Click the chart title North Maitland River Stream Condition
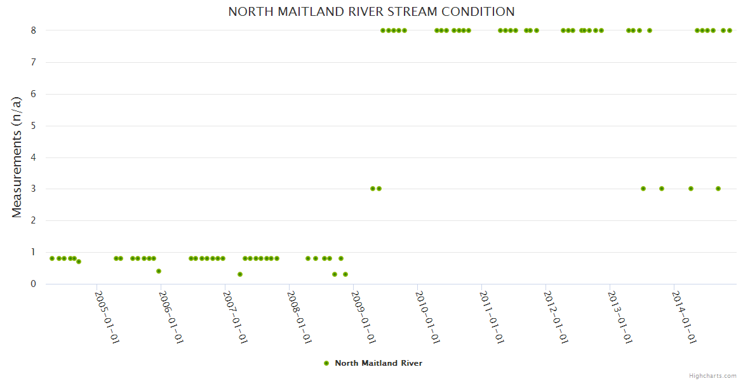pos(371,11)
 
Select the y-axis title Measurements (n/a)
pos(17,157)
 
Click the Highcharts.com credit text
pos(713,376)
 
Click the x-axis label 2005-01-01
pos(107,317)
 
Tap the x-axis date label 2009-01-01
pos(364,317)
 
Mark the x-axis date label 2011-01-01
pos(492,317)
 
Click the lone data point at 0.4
pos(159,271)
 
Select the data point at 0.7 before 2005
pos(79,262)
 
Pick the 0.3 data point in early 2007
pos(240,274)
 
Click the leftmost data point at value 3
pos(373,189)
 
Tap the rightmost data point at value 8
pos(730,30)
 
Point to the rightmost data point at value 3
pos(718,189)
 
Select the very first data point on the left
pos(52,258)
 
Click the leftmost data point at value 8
pos(383,30)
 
